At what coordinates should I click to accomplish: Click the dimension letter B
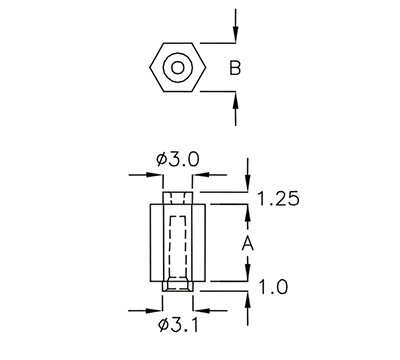coord(234,68)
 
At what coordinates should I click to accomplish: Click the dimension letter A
coord(248,243)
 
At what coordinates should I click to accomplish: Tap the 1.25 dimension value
coord(281,199)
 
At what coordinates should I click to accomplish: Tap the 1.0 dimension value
coord(274,287)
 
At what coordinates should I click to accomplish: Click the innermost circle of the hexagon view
coord(177,68)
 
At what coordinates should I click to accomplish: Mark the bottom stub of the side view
coord(177,286)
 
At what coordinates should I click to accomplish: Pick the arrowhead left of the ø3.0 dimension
coord(157,176)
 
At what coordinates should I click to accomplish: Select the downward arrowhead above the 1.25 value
coord(248,185)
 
